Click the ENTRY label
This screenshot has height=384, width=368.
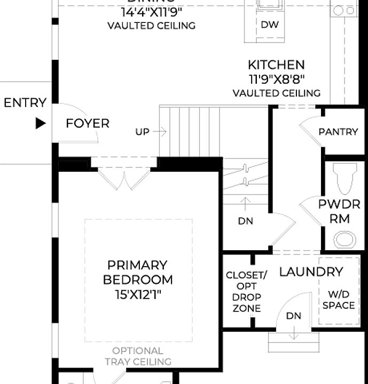tap(25, 102)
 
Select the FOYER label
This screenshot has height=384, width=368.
tap(88, 124)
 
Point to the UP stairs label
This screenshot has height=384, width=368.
tap(142, 132)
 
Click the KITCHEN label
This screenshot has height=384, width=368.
tap(276, 65)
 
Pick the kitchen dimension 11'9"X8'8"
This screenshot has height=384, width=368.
tap(276, 79)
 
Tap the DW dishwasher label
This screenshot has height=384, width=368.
tap(270, 25)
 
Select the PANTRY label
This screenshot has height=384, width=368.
tap(338, 132)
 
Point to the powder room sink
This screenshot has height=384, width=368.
tap(345, 239)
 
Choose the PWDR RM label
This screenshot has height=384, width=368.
tap(339, 211)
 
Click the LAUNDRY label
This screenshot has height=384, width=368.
tap(311, 272)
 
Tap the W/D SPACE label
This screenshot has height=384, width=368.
tap(339, 299)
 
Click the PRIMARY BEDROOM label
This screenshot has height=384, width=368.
tap(137, 272)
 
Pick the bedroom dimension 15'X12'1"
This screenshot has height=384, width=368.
tap(137, 294)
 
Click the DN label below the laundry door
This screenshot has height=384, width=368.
tap(294, 316)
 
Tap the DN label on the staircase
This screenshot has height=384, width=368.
tap(246, 221)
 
